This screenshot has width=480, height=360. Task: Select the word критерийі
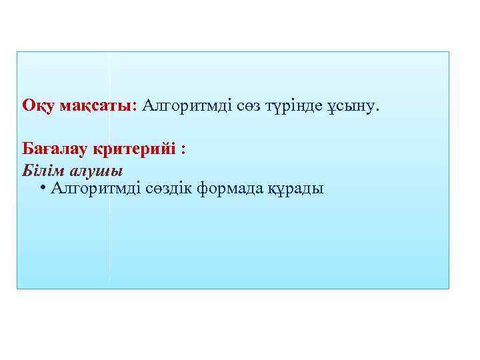pos(139,149)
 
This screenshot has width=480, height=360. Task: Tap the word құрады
pos(296,189)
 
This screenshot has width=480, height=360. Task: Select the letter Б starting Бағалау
pos(27,148)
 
